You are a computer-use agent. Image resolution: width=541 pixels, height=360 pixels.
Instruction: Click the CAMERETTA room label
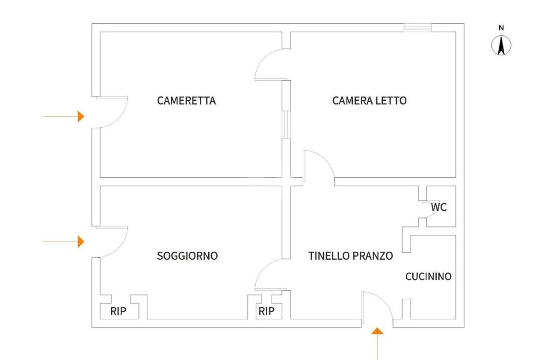click(186, 101)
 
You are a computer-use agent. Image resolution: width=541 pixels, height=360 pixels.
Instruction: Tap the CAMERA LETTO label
click(369, 101)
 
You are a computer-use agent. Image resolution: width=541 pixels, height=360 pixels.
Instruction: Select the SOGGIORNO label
click(188, 256)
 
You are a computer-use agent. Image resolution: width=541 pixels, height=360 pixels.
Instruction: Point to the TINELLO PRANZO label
click(351, 256)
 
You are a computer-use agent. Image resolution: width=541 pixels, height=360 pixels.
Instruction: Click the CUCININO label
click(428, 277)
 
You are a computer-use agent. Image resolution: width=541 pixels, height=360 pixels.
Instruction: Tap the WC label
click(439, 207)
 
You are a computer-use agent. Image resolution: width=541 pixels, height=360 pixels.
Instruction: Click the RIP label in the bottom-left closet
click(118, 311)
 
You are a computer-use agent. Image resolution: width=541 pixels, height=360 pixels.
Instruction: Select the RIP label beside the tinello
click(267, 311)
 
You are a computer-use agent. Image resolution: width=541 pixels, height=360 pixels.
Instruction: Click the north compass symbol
click(501, 45)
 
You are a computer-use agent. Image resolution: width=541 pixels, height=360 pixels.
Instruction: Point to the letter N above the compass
click(501, 28)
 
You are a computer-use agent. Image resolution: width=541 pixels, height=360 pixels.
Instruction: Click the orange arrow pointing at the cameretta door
click(64, 117)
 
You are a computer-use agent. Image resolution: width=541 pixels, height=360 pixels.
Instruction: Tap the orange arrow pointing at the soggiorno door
click(64, 242)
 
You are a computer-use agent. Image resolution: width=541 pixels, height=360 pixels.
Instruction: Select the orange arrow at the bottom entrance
click(377, 344)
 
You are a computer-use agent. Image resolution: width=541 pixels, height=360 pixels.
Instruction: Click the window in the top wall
click(418, 27)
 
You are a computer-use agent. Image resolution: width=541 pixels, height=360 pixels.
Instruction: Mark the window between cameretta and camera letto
click(286, 125)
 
